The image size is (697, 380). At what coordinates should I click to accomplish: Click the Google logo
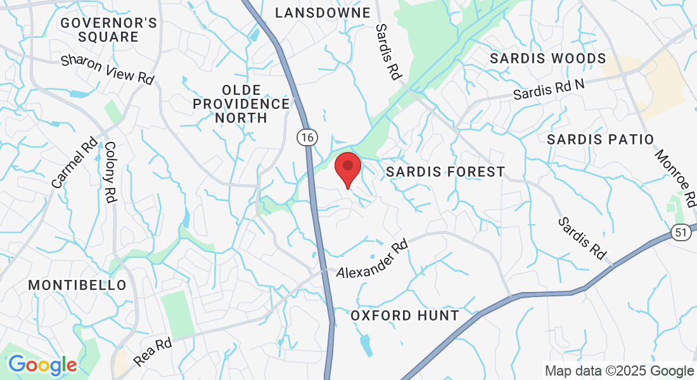click(42, 365)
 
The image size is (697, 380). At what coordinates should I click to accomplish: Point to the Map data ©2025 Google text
click(620, 371)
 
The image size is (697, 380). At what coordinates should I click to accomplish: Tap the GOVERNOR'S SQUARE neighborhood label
click(109, 30)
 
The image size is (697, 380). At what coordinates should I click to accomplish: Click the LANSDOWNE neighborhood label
click(323, 13)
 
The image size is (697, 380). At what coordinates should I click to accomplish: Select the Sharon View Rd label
click(108, 69)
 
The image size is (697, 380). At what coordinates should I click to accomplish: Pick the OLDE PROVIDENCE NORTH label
click(241, 103)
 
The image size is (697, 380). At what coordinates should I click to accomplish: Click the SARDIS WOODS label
click(548, 59)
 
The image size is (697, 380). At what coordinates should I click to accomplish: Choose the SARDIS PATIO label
click(600, 139)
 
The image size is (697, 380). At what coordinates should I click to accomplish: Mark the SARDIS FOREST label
click(445, 172)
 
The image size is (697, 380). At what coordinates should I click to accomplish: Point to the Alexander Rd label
click(371, 260)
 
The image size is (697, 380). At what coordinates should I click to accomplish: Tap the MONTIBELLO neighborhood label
click(77, 286)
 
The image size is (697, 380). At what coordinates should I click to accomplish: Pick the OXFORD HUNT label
click(404, 315)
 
